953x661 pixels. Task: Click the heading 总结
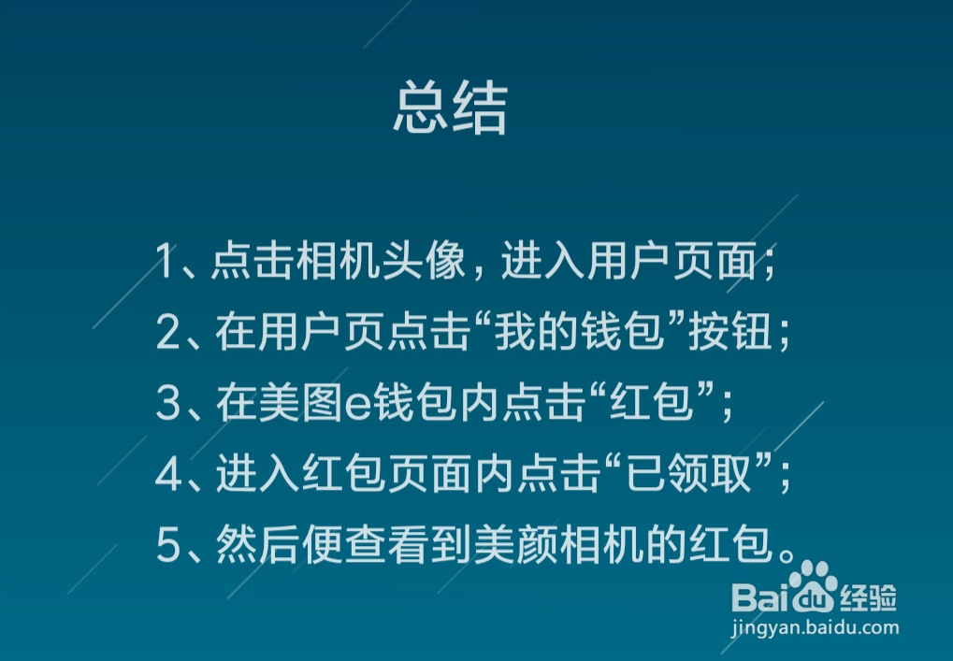click(450, 109)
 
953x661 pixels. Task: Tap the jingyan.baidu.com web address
click(816, 628)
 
